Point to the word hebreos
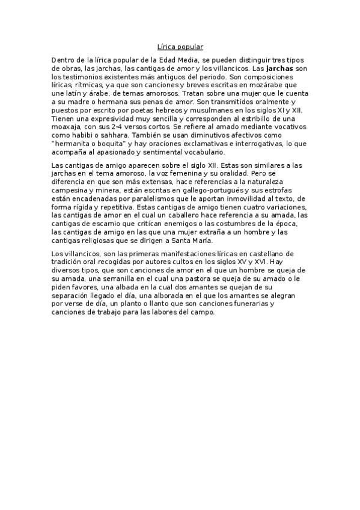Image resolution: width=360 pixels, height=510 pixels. click(x=164, y=111)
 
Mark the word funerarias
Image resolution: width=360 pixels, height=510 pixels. click(x=247, y=304)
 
